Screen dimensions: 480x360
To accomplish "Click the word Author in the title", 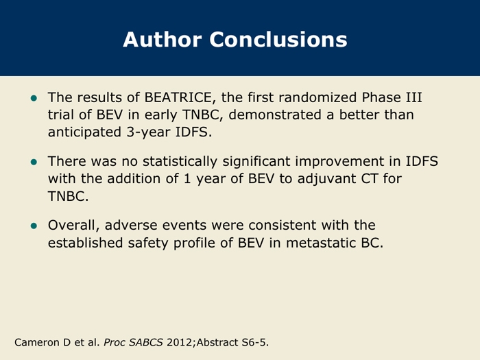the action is pyautogui.click(x=163, y=40).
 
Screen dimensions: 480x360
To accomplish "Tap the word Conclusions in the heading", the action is pyautogui.click(x=278, y=40).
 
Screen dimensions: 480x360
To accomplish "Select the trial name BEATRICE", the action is pyautogui.click(x=178, y=97).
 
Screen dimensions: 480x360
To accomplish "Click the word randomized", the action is pyautogui.click(x=317, y=97).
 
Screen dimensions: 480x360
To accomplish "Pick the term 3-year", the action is pyautogui.click(x=149, y=132).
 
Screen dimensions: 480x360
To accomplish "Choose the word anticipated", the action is pyautogui.click(x=84, y=132).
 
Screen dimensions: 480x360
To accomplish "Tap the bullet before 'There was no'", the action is pyautogui.click(x=34, y=162).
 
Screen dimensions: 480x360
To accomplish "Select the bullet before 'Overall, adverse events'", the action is pyautogui.click(x=34, y=226).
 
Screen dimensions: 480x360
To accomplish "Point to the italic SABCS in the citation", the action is pyautogui.click(x=145, y=342).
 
